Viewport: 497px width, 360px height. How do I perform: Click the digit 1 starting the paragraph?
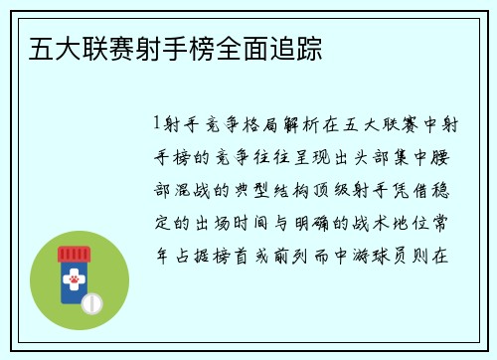pyautogui.click(x=157, y=125)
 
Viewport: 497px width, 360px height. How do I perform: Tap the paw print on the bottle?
pyautogui.click(x=73, y=283)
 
